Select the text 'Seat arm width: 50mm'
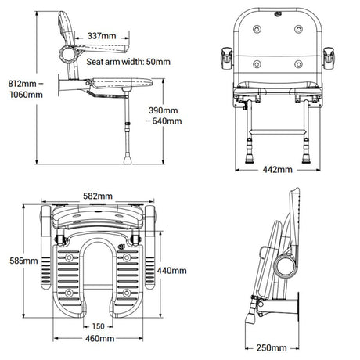(x=128, y=60)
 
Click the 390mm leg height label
(x=164, y=110)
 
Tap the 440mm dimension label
(x=172, y=270)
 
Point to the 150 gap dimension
(x=98, y=326)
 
